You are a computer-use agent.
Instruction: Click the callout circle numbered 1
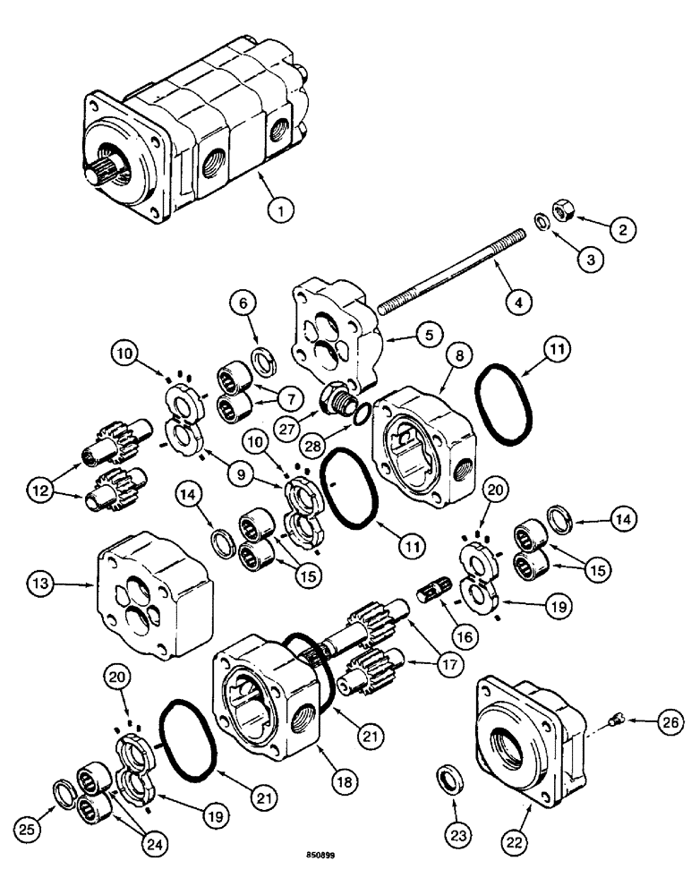[x=281, y=211]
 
